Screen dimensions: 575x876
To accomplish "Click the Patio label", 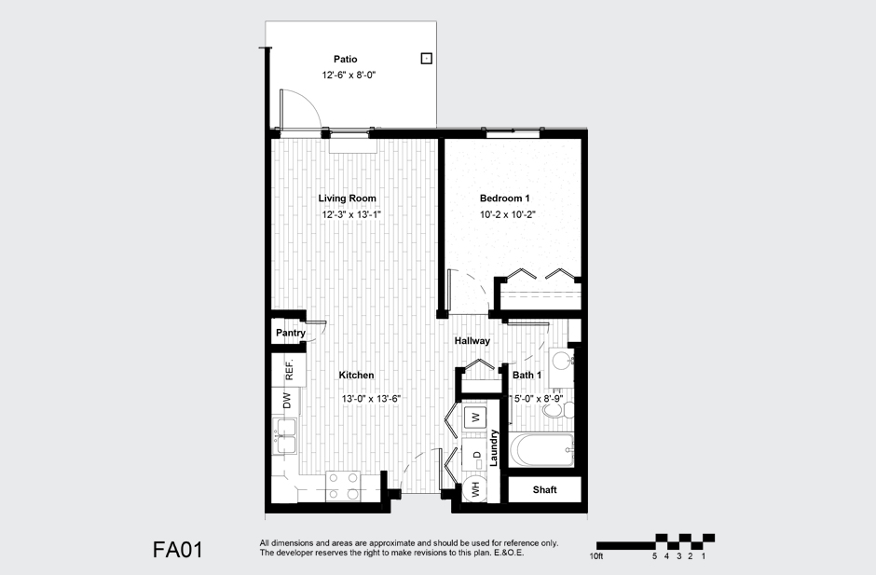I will [345, 60].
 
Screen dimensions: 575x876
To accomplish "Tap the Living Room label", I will [347, 199].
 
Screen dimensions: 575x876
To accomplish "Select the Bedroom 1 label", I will [504, 199].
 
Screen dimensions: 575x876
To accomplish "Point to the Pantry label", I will [290, 333].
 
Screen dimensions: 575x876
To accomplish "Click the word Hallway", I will [472, 341].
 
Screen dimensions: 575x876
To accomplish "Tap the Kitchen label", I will [356, 376].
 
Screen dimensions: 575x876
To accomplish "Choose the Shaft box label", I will [544, 490].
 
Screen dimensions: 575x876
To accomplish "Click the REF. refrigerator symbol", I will [289, 369].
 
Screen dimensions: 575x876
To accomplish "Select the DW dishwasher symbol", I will [287, 402].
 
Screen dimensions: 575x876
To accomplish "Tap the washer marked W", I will [474, 417].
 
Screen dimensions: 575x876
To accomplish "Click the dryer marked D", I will [476, 455].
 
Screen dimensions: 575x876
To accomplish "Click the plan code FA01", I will [177, 550].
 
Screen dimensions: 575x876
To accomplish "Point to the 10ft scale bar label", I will [597, 556].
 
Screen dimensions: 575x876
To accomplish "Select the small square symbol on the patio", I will [426, 58].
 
